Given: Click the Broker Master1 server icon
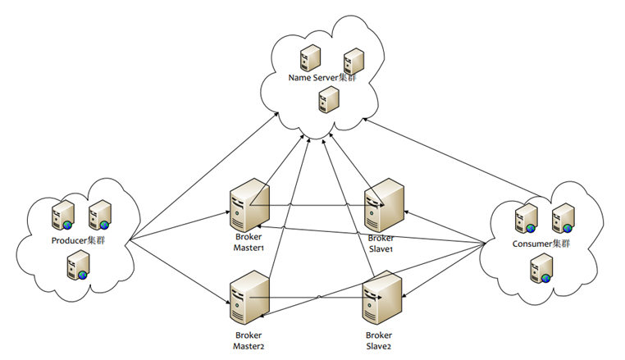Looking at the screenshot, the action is coord(249,205).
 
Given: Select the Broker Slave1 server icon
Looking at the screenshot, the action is coord(384,205).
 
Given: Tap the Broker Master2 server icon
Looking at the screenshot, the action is coord(249,298).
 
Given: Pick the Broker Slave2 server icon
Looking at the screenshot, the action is coord(382,298).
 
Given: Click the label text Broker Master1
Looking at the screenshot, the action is coord(249,242).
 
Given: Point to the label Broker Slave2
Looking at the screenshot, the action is coord(379,340).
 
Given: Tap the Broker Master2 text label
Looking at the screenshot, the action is coord(249,340).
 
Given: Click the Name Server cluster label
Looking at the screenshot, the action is coord(322,77).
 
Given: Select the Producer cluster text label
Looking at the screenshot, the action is coord(79,240).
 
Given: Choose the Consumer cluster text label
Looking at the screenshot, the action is coord(541,244).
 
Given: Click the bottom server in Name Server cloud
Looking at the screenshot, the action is coord(329,99).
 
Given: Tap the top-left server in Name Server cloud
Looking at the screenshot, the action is coord(311,57).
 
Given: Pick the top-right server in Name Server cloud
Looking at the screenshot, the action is coord(354,61).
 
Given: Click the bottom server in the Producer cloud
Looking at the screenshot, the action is coord(78,265).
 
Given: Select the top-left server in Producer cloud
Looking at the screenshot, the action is coord(63,216).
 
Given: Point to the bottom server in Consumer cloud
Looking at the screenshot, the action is coord(541,268).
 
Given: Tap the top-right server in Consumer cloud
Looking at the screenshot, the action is coord(563,218).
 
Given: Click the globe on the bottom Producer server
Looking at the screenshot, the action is coord(83,275).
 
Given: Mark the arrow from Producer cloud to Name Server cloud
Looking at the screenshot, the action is coord(204,176).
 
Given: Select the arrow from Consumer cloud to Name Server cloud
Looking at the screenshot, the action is coord(452,157).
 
